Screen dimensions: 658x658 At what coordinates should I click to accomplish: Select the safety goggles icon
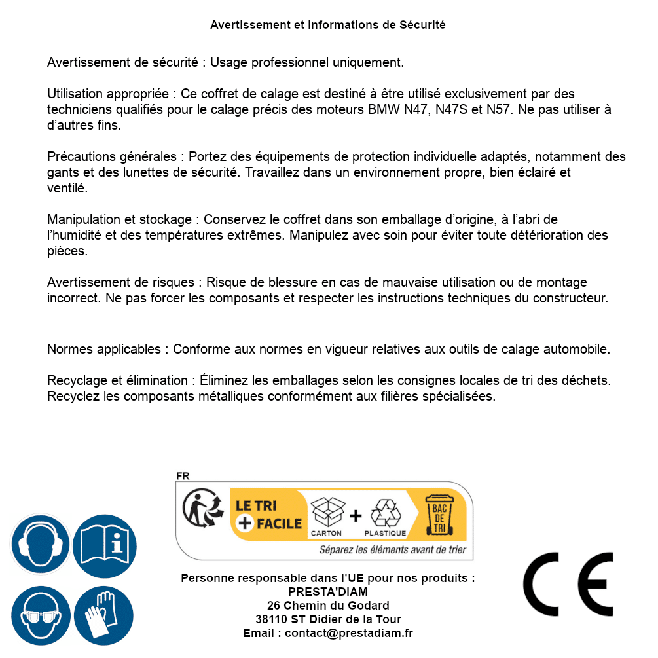coord(41,615)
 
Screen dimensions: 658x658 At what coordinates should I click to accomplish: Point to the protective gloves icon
coord(104,615)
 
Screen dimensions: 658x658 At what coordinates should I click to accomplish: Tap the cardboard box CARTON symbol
coord(326,513)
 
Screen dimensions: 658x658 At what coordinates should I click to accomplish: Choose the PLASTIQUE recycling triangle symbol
coord(385,513)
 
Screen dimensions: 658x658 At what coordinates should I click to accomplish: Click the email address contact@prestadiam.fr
coord(349,633)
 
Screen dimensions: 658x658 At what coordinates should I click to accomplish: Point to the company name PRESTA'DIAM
coord(328,592)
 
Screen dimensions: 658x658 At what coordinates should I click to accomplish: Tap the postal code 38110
coord(270,619)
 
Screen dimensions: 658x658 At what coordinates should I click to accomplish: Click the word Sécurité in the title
coord(422,25)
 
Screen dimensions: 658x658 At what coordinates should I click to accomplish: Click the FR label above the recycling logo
coord(183,476)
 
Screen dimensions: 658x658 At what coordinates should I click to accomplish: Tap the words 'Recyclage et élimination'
coord(118,380)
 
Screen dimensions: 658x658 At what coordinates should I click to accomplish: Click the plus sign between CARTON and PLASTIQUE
coord(356,515)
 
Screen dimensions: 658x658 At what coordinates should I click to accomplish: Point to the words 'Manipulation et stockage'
coord(119,219)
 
